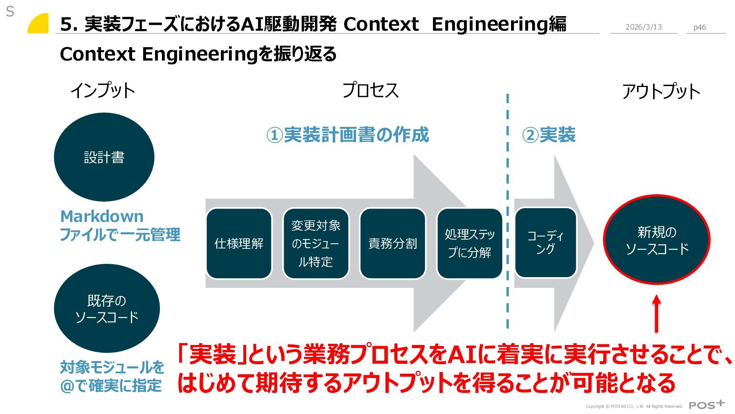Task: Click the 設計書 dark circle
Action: pyautogui.click(x=104, y=157)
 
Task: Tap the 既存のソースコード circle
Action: pyautogui.click(x=107, y=309)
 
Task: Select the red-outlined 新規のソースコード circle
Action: pyautogui.click(x=657, y=240)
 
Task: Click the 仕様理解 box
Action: pyautogui.click(x=239, y=243)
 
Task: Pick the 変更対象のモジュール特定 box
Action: pyautogui.click(x=316, y=243)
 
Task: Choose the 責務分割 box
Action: pyautogui.click(x=393, y=243)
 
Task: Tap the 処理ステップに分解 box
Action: pyautogui.click(x=470, y=243)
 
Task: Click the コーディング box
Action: pyautogui.click(x=546, y=242)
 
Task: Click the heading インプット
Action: pyautogui.click(x=103, y=90)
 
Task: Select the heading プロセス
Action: pyautogui.click(x=370, y=90)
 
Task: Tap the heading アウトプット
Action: pyautogui.click(x=661, y=92)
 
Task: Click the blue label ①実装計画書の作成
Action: pyautogui.click(x=348, y=135)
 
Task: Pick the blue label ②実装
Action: pyautogui.click(x=549, y=135)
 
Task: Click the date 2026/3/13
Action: pyautogui.click(x=644, y=27)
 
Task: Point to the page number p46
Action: pyautogui.click(x=699, y=27)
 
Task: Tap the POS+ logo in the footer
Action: pyautogui.click(x=706, y=405)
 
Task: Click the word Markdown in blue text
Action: pyautogui.click(x=102, y=217)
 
